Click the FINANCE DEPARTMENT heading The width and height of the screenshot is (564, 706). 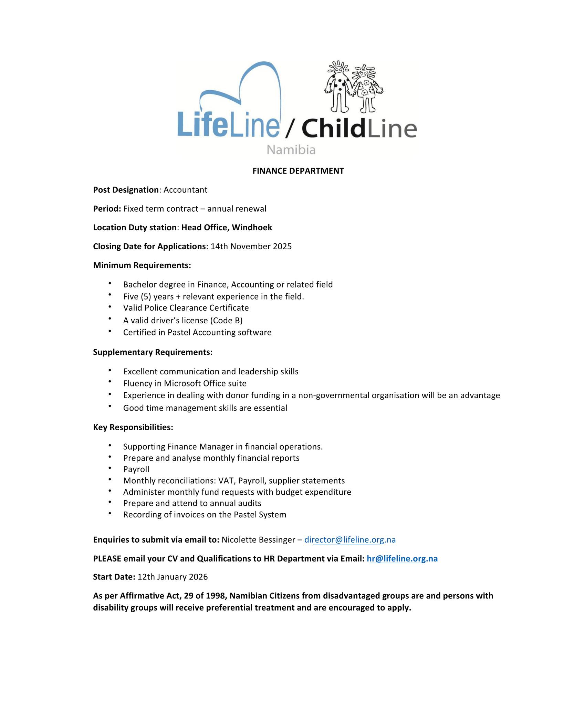click(298, 171)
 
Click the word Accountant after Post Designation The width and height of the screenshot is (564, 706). click(185, 190)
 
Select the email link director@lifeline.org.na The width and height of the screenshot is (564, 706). click(350, 540)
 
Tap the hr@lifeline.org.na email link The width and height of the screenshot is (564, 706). click(402, 559)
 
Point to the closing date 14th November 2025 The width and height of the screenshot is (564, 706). click(251, 246)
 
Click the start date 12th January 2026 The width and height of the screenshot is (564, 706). click(173, 577)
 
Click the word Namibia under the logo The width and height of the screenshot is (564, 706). click(291, 150)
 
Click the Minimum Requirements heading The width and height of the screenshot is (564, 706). click(142, 265)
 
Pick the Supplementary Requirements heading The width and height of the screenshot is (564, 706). click(153, 352)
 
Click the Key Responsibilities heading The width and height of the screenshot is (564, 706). click(133, 427)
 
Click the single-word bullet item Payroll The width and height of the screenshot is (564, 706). click(136, 469)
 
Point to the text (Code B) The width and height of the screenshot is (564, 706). click(226, 321)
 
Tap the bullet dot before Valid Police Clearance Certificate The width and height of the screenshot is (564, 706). click(110, 306)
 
